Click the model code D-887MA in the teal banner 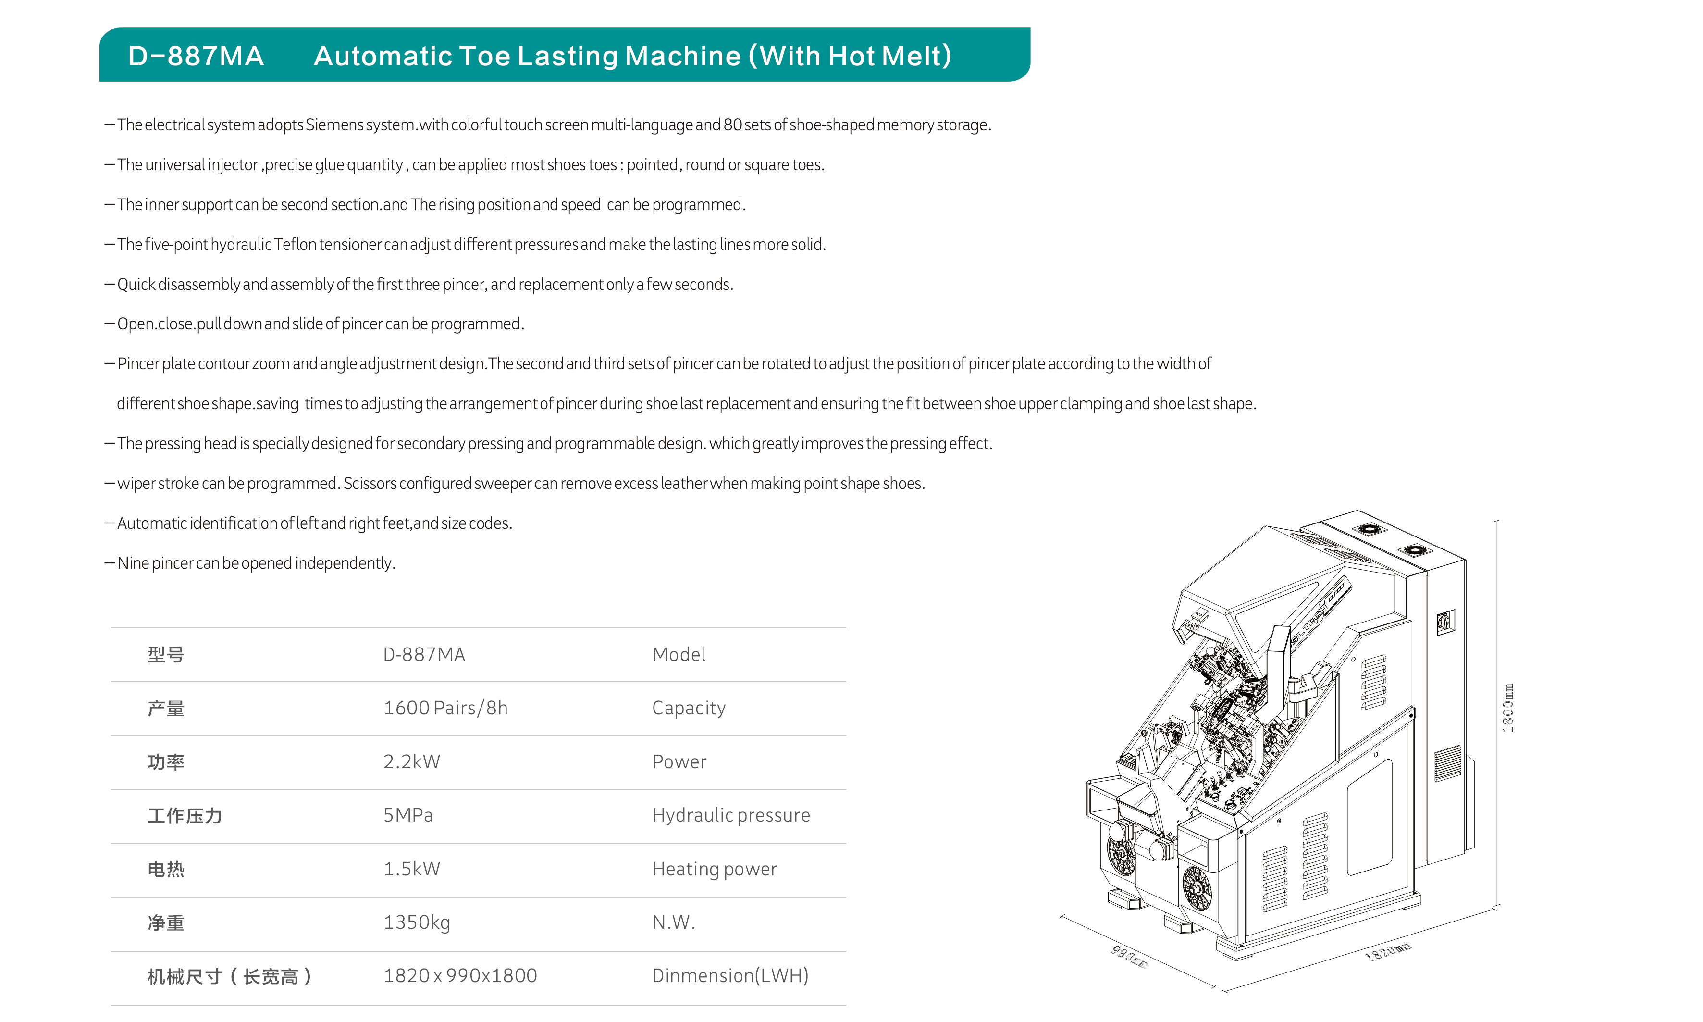(196, 56)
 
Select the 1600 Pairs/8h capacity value (445, 708)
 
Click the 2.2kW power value (412, 761)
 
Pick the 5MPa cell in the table (408, 815)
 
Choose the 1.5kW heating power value (412, 869)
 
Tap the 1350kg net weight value (417, 923)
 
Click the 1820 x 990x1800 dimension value (460, 976)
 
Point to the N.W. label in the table (674, 923)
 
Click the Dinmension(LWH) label (730, 976)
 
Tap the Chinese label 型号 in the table (166, 655)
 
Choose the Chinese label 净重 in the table (166, 923)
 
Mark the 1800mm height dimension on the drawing (1507, 708)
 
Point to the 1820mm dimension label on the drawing (1388, 952)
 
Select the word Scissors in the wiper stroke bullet (370, 484)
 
